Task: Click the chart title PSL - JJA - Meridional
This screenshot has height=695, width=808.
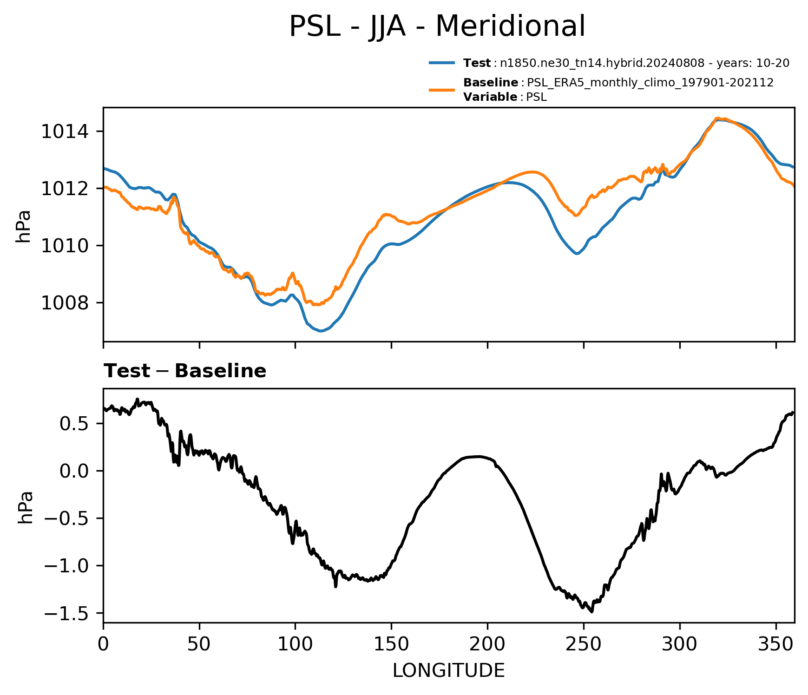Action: coord(437,26)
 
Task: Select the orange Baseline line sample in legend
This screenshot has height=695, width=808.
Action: coord(441,90)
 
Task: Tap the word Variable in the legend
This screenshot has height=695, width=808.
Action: coord(490,97)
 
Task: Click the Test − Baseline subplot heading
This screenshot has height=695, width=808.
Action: coord(185,371)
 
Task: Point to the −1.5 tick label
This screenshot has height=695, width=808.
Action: coord(67,614)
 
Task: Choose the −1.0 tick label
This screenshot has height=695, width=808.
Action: coord(67,566)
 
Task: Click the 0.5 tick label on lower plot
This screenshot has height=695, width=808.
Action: coord(75,424)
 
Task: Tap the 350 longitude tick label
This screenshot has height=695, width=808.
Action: coord(775,644)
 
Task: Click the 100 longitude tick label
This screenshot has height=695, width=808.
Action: coord(295,644)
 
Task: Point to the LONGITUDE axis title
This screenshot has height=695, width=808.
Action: coord(448,670)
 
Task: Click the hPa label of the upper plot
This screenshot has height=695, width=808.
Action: coord(23,226)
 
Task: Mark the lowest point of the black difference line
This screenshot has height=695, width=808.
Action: coord(591,612)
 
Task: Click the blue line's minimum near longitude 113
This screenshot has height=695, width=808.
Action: coord(321,331)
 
